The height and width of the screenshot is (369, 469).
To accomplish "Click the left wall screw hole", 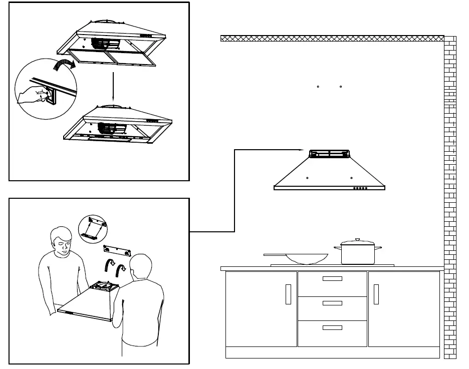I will click(318, 87).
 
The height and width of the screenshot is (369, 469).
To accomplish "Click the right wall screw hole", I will click(340, 87).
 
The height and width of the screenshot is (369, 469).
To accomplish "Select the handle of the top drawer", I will click(332, 278).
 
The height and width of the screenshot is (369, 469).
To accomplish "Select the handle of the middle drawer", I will click(332, 303).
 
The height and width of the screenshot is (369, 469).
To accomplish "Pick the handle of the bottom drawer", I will click(332, 327).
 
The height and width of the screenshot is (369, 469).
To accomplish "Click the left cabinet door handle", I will click(288, 294).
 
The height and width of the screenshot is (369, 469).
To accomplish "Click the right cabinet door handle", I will click(376, 294).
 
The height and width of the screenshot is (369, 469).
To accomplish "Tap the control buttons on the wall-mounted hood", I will click(360, 189).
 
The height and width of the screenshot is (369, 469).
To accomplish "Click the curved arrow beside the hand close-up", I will click(64, 65).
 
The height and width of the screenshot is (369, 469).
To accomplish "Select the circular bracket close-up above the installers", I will click(94, 229).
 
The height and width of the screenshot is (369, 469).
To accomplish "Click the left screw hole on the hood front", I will click(307, 178).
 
